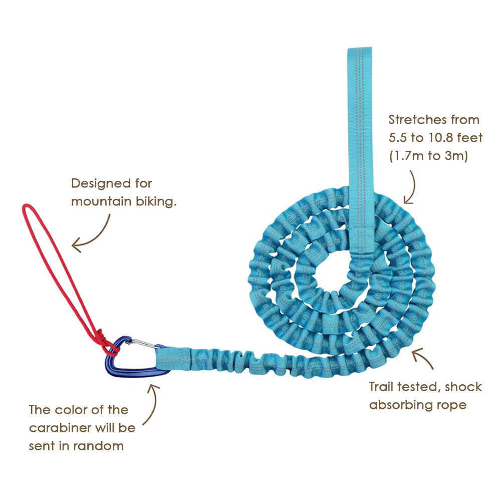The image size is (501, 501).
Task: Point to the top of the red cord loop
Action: click(x=25, y=207)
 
